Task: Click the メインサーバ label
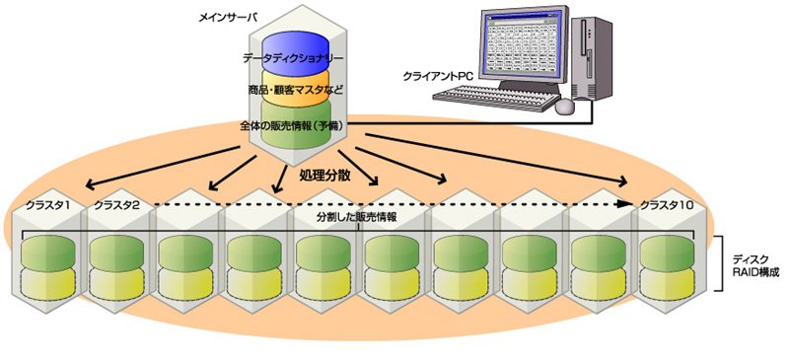pos(228,18)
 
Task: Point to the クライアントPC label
pos(437,77)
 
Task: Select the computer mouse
pos(565,106)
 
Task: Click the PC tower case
pos(593,57)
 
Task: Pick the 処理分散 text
pos(324,177)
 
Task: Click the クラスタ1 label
pos(47,205)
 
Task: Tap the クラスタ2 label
pos(117,205)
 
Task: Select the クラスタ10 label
pos(667,205)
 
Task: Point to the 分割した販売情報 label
pos(357,219)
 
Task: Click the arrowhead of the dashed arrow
pos(626,204)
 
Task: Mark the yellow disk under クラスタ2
pos(116,283)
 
